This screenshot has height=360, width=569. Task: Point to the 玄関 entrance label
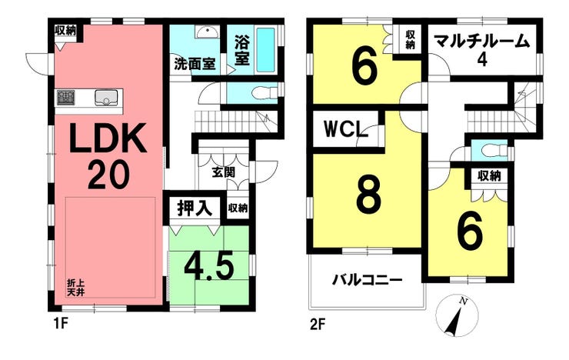(222, 172)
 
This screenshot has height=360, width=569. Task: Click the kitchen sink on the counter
(106, 98)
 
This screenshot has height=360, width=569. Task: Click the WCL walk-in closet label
(343, 128)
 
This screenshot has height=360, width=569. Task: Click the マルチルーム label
(481, 42)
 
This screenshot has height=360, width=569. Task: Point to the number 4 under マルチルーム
(482, 61)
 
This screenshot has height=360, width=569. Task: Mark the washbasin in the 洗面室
(205, 33)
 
